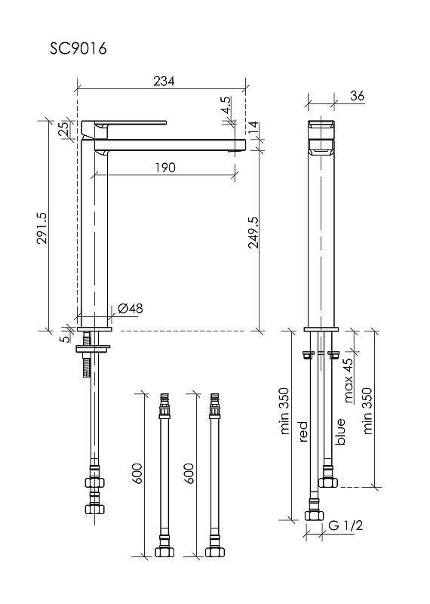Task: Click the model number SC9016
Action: tap(78, 48)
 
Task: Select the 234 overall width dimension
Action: tap(164, 81)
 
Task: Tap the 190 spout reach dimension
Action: tap(165, 168)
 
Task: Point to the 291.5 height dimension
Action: tap(41, 228)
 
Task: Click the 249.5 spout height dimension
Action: tap(253, 233)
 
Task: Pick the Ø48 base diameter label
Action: tap(130, 308)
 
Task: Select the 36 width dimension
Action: tap(358, 96)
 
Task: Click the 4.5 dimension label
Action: tap(226, 105)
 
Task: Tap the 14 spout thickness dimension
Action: tap(253, 128)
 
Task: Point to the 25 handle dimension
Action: tap(65, 128)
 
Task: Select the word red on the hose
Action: tap(303, 431)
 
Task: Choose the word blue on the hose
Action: tap(340, 431)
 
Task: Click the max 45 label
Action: tap(348, 381)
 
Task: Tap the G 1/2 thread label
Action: tap(346, 525)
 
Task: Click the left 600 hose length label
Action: tap(138, 473)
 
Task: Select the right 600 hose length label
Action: tap(189, 473)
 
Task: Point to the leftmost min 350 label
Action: tap(284, 411)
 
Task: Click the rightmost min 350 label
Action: tap(367, 411)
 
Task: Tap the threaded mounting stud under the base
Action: tap(87, 355)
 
